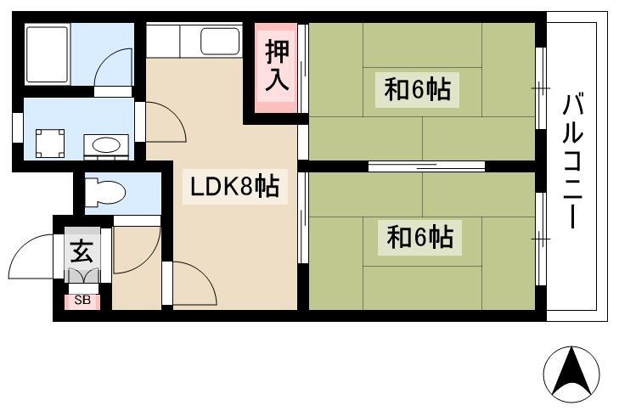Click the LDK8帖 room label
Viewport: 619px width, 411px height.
coord(235,187)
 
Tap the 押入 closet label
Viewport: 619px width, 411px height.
coord(277,65)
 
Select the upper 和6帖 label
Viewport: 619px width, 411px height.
coord(417,90)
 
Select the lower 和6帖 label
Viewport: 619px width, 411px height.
coord(419,237)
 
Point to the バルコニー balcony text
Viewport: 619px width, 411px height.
coord(573,160)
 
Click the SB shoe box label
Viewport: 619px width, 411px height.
coord(82,301)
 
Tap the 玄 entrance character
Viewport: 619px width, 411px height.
coord(82,251)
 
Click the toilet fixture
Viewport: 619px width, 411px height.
coord(105,193)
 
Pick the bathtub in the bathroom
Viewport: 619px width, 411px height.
coord(48,54)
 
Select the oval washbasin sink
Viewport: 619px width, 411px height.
coord(106,144)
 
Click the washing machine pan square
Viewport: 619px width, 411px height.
coord(50,144)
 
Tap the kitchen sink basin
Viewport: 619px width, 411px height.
coord(220,41)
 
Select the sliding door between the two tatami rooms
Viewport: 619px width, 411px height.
coord(426,166)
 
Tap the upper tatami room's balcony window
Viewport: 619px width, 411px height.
coord(541,88)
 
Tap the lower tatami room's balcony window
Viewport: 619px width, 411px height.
coord(541,239)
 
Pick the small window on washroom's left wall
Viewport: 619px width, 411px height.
coord(17,127)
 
